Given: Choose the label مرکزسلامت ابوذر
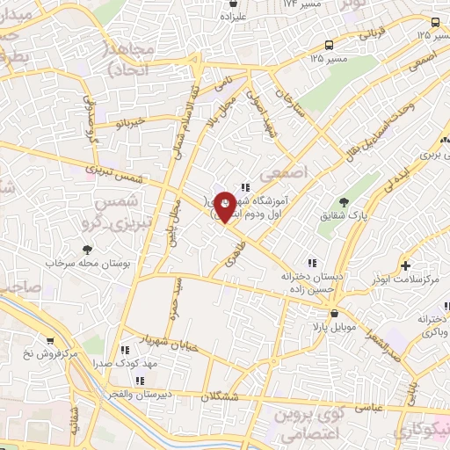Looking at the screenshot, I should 406,279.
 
